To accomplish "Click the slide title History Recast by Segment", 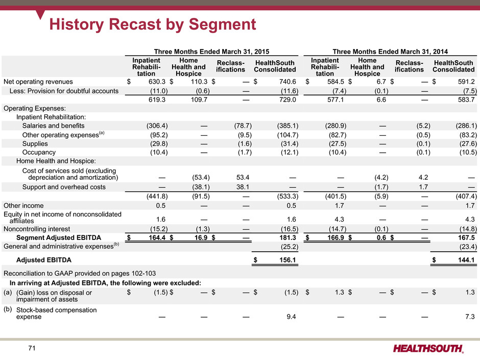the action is click(153, 24).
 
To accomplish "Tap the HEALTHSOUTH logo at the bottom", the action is click(428, 348).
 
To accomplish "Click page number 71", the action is click(32, 348).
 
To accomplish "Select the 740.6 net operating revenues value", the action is click(287, 81).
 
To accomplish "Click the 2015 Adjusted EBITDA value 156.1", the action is click(287, 260).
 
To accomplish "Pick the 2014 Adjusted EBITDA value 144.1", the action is click(466, 260).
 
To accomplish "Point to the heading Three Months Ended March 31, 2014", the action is click(390, 52).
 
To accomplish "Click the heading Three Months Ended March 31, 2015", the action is click(211, 52).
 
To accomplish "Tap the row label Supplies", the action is click(35, 143).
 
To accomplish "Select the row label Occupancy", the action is click(39, 152).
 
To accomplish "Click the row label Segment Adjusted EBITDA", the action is click(59, 237).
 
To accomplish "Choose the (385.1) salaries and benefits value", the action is click(287, 126).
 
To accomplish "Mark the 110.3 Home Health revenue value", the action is click(199, 81).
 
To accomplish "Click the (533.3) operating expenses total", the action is click(287, 196).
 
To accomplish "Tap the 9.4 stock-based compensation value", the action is click(291, 317).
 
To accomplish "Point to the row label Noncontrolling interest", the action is click(37, 229).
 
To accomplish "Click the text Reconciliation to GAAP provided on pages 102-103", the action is click(80, 273).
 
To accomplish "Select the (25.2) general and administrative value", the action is click(290, 247).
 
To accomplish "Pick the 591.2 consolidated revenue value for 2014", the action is click(466, 81).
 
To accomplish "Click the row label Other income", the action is click(23, 205).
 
